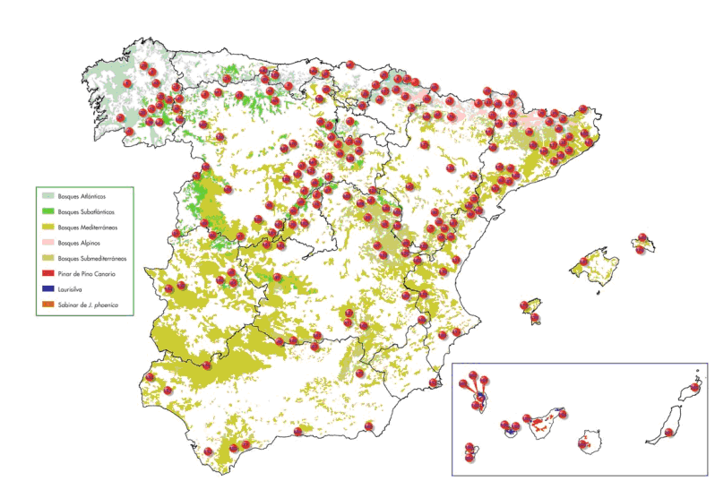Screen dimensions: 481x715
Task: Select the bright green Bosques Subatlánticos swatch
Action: pyautogui.click(x=47, y=211)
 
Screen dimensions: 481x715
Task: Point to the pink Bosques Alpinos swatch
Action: pyautogui.click(x=47, y=243)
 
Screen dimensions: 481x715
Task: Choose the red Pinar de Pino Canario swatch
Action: pyautogui.click(x=47, y=273)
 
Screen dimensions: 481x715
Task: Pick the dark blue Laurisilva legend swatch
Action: pyautogui.click(x=47, y=289)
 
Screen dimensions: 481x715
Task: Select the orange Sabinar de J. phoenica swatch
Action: pyautogui.click(x=47, y=305)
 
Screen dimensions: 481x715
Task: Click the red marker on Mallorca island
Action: pyautogui.click(x=583, y=262)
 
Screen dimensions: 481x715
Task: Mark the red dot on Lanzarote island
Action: pyautogui.click(x=694, y=388)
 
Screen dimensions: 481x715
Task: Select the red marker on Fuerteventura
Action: pyautogui.click(x=668, y=433)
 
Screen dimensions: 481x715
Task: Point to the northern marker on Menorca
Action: pyautogui.click(x=642, y=237)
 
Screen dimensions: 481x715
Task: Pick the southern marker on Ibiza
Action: pyautogui.click(x=535, y=317)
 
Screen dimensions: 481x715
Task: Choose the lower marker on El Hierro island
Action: pyautogui.click(x=469, y=458)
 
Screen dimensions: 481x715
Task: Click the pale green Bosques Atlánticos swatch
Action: pyautogui.click(x=47, y=195)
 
